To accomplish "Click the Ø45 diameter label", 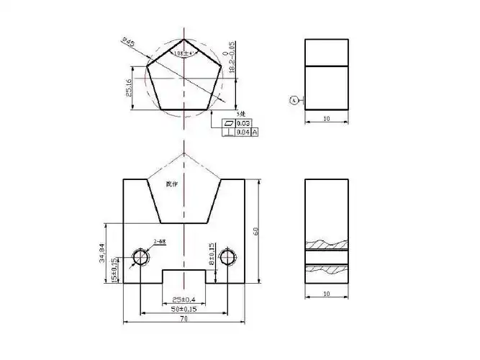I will point(130,45).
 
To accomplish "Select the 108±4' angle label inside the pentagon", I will point(184,53).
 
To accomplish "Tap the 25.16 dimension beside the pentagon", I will point(129,88).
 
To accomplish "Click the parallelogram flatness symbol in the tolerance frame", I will point(229,123).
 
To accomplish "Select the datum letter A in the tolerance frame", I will point(254,132).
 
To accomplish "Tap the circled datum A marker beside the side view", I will point(294,101).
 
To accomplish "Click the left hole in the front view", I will point(141,257).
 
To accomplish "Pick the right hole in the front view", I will point(228,257).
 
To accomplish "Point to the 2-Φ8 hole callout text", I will point(160,242).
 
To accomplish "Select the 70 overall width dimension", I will point(184,318).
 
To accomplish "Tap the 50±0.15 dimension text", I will point(184,308).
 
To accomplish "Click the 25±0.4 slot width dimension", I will point(184,299).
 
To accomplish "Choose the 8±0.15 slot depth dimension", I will point(211,255).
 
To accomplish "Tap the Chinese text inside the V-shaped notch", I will point(171,184).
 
